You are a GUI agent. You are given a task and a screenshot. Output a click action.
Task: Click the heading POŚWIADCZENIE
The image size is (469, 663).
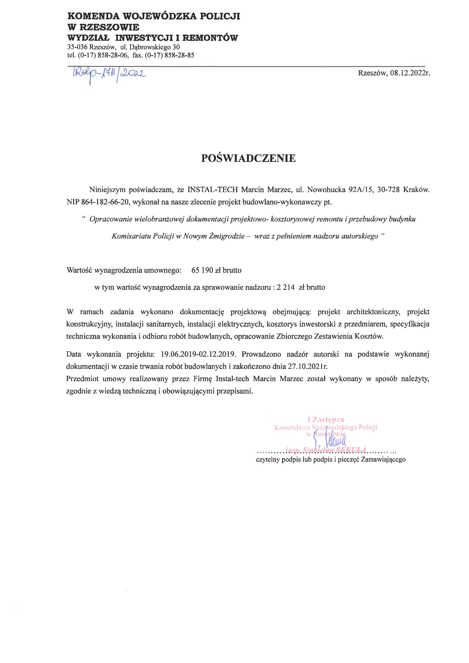[248, 158]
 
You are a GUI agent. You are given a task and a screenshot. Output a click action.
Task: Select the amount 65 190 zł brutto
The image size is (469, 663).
[216, 270]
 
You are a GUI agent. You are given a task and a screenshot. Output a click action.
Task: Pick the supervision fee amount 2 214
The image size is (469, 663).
[286, 288]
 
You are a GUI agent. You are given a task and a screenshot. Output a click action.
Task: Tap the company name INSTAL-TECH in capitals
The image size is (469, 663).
[213, 190]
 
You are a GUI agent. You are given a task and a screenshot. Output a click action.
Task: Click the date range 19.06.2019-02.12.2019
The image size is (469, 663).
[199, 354]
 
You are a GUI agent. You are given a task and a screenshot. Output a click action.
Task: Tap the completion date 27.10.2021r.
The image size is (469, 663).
[307, 367]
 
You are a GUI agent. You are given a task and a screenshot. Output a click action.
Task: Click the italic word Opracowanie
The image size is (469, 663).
[111, 219]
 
